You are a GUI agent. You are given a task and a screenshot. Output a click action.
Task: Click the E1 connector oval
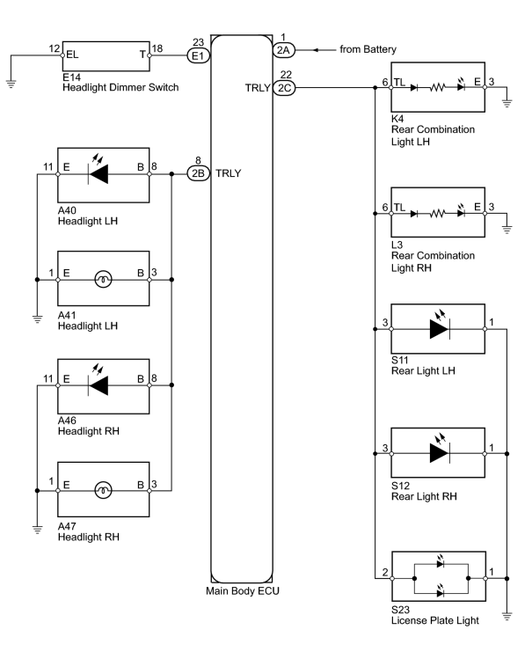click(x=198, y=55)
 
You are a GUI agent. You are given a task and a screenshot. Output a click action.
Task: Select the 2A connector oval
click(x=284, y=50)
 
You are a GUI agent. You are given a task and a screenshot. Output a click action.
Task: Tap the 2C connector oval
click(x=284, y=88)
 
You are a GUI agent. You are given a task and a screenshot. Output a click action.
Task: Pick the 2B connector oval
click(x=198, y=173)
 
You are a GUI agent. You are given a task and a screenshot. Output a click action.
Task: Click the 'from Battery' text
click(x=368, y=49)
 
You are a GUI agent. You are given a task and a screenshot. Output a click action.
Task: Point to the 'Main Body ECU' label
click(x=243, y=591)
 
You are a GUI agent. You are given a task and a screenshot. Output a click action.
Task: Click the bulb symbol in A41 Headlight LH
click(x=103, y=280)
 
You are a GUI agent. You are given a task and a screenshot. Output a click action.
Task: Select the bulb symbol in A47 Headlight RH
click(x=103, y=490)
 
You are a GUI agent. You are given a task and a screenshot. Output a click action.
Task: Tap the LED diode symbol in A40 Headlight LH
click(x=98, y=170)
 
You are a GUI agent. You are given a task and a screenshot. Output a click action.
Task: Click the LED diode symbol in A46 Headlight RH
click(x=98, y=381)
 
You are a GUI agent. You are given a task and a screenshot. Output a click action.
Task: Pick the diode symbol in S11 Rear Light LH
click(x=440, y=326)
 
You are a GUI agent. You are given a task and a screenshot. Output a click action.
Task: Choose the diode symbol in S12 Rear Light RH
click(x=440, y=450)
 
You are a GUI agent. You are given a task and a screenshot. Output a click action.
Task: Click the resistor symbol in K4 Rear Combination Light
click(x=437, y=87)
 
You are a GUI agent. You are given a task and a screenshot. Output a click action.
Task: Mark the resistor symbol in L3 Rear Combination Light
click(x=437, y=214)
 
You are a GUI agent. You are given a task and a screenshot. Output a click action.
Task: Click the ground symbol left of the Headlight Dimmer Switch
click(x=11, y=84)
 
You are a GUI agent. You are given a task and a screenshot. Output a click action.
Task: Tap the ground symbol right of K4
click(x=506, y=103)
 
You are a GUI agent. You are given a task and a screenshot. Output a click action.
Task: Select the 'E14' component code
click(x=71, y=77)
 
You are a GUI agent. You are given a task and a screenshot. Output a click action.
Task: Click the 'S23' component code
click(x=401, y=610)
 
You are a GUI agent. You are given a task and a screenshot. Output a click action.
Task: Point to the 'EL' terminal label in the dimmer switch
click(x=72, y=55)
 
